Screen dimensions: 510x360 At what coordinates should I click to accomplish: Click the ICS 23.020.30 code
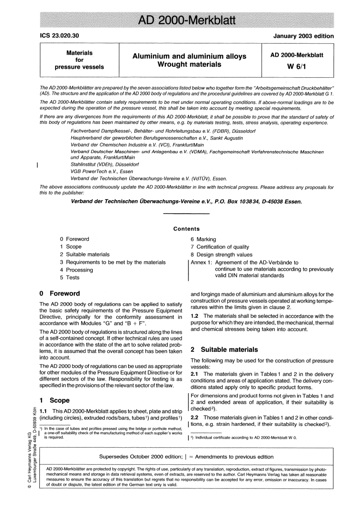pos(59,36)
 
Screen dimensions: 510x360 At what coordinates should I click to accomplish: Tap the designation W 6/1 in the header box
pos(297,67)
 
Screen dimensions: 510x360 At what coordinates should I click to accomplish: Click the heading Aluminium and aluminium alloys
pos(189,56)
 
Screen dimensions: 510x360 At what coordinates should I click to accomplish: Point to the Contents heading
pos(186,229)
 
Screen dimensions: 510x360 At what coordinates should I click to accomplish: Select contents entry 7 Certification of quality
pos(220,247)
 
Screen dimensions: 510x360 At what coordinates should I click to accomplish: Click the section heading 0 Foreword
pos(60,293)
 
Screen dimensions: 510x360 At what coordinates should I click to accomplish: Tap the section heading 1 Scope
pos(55,400)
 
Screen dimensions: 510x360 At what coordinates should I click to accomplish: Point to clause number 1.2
pos(195,316)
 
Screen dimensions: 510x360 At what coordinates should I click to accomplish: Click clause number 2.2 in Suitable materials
pos(195,417)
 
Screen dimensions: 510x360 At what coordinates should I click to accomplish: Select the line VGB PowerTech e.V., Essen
pos(102,171)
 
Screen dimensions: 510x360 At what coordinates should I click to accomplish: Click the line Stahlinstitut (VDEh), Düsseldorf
pos(105,165)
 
